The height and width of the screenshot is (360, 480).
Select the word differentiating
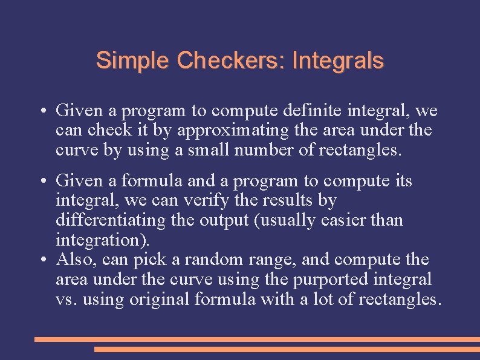pyautogui.click(x=110, y=220)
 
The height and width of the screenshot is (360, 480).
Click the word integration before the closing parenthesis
pyautogui.click(x=99, y=240)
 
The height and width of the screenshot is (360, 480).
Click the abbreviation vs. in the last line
pyautogui.click(x=64, y=299)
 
